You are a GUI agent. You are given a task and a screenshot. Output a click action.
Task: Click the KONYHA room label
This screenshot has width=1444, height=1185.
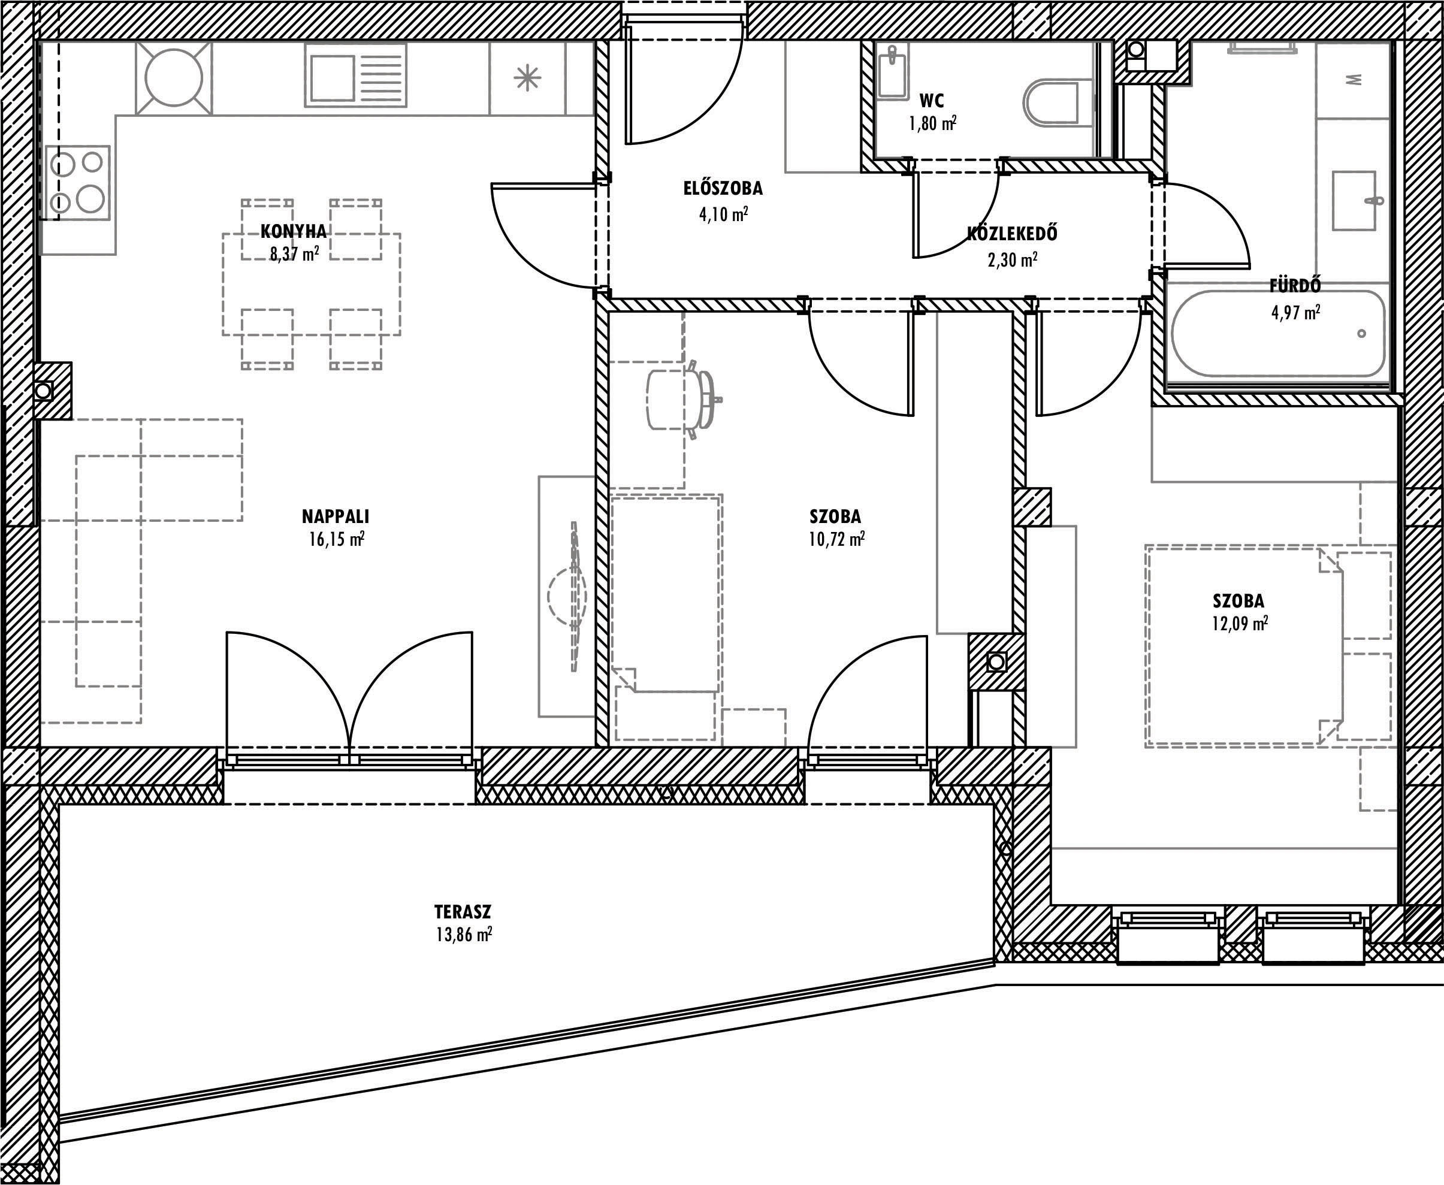294,231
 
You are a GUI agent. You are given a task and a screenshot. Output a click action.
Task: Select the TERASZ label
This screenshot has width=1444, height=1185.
463,912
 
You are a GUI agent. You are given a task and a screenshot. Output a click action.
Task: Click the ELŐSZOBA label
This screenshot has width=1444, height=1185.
723,188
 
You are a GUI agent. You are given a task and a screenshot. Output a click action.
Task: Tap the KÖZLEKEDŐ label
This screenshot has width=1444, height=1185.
1013,234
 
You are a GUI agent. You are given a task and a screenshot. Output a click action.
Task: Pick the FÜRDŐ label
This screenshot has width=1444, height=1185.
1295,285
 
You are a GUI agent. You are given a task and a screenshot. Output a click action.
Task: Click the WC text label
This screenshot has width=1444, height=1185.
932,101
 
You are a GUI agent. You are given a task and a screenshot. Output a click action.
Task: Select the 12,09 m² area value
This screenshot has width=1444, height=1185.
1240,624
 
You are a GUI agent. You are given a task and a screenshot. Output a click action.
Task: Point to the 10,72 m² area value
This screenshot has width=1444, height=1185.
837,539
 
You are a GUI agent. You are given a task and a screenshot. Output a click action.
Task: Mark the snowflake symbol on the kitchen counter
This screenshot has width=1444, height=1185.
527,78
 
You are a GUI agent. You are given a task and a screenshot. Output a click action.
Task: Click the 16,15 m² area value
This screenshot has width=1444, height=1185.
336,539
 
